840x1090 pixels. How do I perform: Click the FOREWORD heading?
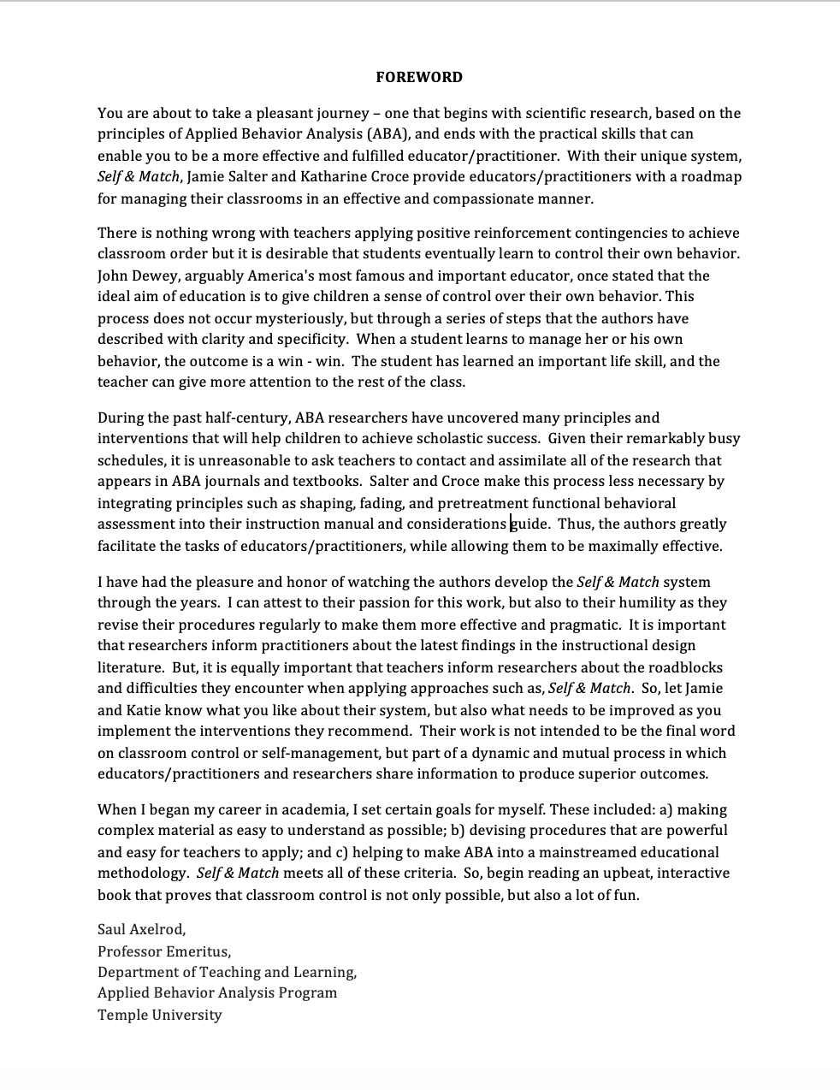point(419,77)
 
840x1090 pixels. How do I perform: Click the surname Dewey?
point(151,275)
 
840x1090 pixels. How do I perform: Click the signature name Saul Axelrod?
point(141,929)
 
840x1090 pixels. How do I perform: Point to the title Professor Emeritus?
point(163,951)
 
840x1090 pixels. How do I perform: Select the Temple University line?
point(159,1016)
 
